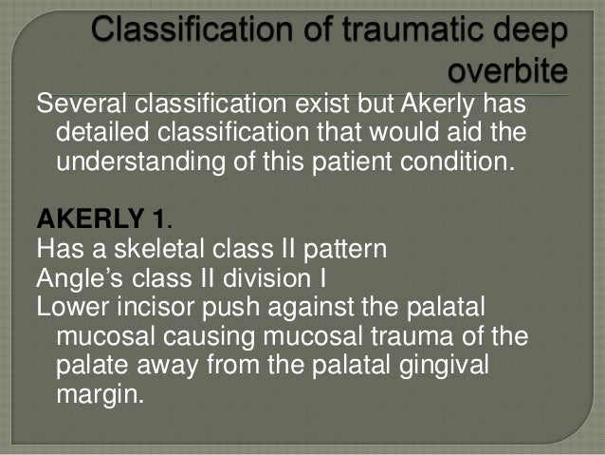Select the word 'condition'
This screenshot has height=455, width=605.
tap(450, 161)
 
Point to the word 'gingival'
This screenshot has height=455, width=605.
tap(445, 366)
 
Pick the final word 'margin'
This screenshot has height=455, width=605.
tap(100, 394)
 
